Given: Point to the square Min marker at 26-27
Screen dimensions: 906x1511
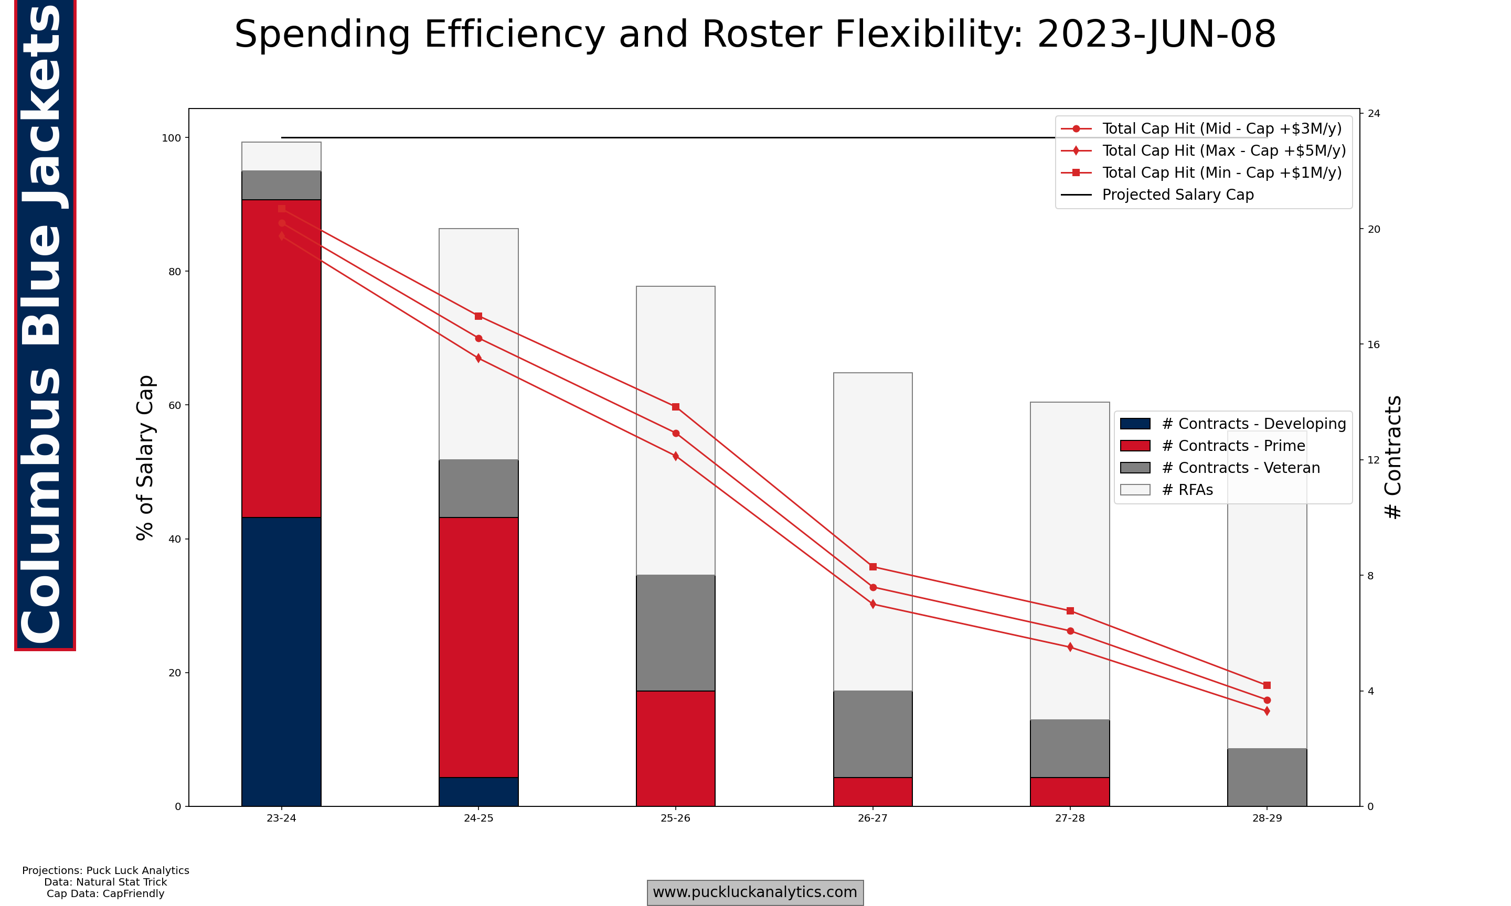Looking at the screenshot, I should point(873,567).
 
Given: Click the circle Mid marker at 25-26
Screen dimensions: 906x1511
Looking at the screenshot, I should point(676,433).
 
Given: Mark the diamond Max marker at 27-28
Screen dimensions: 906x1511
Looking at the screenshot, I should point(1070,646).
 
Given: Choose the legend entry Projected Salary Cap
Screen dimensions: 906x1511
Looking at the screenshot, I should point(1177,195).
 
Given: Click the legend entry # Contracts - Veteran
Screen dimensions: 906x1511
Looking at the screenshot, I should point(1240,468).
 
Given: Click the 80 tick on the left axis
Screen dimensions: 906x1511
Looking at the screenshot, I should point(175,272).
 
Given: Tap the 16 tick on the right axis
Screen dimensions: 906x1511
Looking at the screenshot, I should point(1373,344).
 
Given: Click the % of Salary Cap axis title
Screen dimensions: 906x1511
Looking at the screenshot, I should point(145,457).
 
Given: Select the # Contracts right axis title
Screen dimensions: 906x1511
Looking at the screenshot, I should point(1392,457).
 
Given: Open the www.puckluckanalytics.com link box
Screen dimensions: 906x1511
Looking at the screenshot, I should point(755,892).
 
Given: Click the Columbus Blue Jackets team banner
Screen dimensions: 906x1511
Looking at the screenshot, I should point(44,323).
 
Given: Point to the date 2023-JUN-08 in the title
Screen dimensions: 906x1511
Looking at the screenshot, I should point(1156,34).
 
